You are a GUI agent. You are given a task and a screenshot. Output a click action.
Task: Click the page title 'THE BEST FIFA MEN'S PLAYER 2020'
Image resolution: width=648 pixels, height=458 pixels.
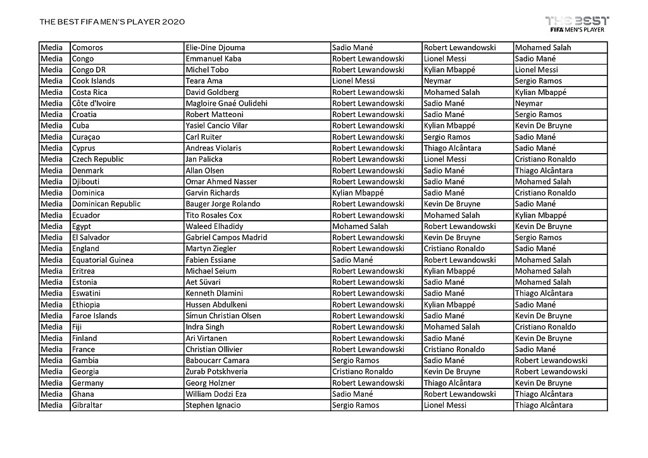coord(112,22)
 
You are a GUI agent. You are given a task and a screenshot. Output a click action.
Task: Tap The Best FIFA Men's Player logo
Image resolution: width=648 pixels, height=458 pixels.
coord(577,23)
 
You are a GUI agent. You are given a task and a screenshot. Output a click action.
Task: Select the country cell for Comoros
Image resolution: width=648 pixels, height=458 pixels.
coord(87,47)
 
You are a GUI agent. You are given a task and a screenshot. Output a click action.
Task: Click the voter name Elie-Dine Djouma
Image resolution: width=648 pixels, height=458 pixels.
coord(215,47)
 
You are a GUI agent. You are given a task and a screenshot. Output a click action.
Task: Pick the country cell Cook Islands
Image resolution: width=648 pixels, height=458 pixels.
coord(93,81)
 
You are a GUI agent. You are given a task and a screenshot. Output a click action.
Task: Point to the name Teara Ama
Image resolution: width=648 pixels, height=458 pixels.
coord(203,81)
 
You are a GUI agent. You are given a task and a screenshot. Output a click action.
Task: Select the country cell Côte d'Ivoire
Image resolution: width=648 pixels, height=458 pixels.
coord(94,103)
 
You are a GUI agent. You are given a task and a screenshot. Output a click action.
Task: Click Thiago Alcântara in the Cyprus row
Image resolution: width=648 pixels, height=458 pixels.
coord(452,148)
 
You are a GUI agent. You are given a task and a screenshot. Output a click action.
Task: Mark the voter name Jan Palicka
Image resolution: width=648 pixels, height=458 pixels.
coord(204,159)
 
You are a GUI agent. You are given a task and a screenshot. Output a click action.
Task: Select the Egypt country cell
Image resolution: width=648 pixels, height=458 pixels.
coord(82,226)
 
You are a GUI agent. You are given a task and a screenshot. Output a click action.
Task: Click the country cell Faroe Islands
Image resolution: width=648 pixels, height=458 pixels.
coord(94,316)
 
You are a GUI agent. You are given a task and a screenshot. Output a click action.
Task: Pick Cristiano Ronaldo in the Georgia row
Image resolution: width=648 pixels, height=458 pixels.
coord(363,372)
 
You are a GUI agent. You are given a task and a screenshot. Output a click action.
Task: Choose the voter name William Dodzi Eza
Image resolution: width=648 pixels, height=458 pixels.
coord(216,394)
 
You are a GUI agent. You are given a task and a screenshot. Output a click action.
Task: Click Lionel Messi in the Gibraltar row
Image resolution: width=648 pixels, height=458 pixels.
coord(445,405)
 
